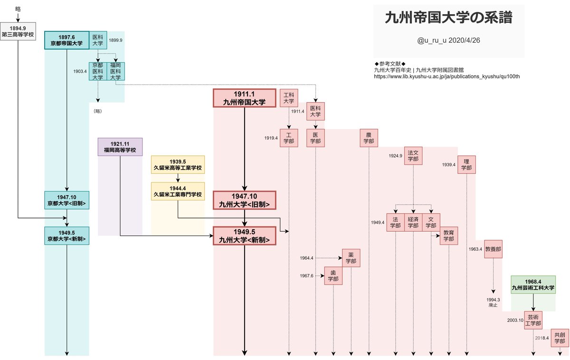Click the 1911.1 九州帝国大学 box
point(244,98)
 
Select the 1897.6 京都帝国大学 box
point(67,40)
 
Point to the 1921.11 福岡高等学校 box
point(120,147)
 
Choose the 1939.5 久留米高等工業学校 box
point(178,164)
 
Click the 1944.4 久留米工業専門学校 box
point(178,191)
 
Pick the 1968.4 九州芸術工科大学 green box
point(533,284)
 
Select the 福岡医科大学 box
point(115,71)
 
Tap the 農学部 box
point(369,138)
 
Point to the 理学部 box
point(466,165)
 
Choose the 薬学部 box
point(351,258)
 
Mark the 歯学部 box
point(333,276)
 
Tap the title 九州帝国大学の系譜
point(448,19)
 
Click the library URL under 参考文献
point(447,76)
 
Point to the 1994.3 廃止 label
point(493,303)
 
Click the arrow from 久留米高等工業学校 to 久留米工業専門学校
point(178,177)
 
